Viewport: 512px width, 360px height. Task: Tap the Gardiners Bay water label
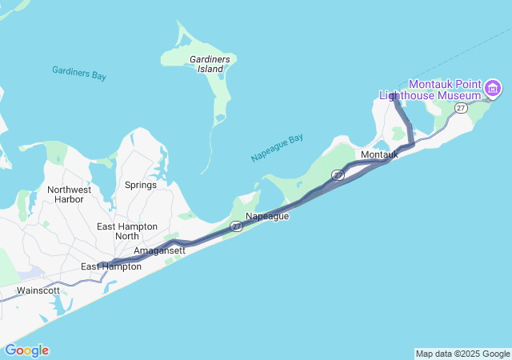(x=79, y=73)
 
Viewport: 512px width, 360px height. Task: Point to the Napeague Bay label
(x=277, y=149)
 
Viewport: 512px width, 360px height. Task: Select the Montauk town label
(x=379, y=154)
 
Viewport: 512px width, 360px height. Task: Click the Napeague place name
(x=267, y=216)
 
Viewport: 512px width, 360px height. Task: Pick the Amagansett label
(x=159, y=250)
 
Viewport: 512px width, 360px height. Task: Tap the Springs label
(x=141, y=185)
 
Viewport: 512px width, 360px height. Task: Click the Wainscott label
(x=38, y=290)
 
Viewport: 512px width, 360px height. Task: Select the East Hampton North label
(x=127, y=231)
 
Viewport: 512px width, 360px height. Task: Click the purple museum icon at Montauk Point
(x=493, y=86)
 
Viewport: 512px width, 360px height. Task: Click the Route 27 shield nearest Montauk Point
(x=461, y=107)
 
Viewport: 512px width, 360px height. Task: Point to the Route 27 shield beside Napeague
(x=237, y=226)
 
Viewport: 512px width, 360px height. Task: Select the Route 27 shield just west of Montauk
(x=338, y=174)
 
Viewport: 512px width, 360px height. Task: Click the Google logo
(x=26, y=350)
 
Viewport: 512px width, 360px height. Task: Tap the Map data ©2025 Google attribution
(x=462, y=354)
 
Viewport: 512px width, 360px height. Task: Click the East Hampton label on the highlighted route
(x=111, y=266)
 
